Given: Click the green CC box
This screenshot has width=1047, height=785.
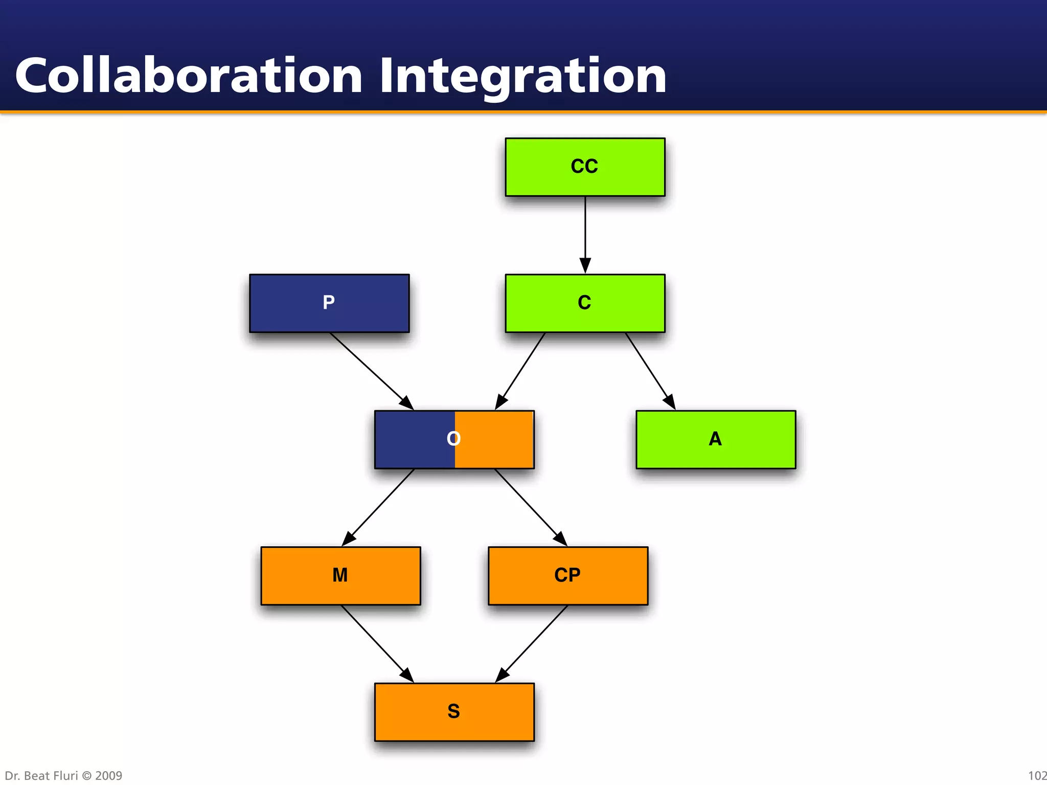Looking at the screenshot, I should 585,167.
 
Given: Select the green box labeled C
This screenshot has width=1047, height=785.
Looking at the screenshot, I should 585,303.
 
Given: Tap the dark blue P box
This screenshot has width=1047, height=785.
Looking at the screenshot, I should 329,303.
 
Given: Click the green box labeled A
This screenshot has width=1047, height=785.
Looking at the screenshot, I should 716,440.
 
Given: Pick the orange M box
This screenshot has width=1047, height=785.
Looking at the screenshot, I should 340,576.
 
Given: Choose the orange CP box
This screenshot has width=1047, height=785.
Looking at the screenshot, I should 568,576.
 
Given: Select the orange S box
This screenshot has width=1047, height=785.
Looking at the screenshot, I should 454,712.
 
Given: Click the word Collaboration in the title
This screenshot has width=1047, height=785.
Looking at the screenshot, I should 189,77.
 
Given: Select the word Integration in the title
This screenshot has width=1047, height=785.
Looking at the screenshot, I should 522,77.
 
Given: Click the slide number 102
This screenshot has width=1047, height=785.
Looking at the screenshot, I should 1037,776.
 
